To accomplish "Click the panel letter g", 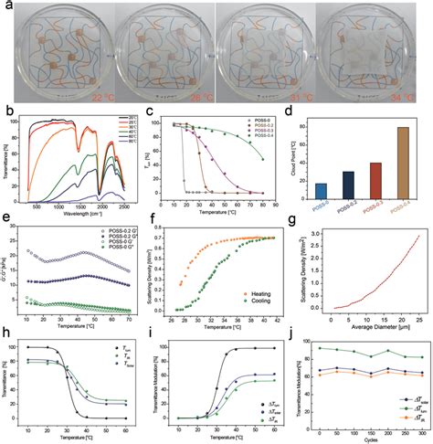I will point(299,227).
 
